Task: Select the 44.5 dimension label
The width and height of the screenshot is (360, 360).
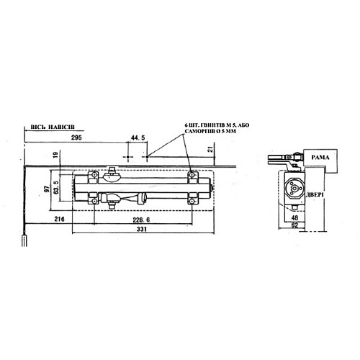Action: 138,137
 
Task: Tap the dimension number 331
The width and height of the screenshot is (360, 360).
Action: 140,230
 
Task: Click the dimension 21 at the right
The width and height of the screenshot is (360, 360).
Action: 210,149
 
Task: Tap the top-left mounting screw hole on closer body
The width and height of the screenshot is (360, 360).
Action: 93,175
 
